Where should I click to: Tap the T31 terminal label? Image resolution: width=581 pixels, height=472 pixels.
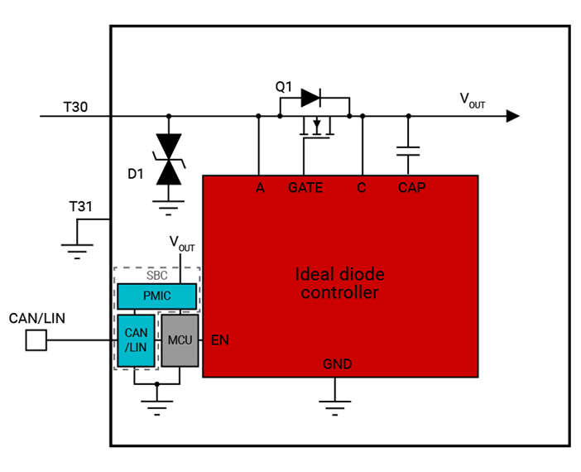pos(81,206)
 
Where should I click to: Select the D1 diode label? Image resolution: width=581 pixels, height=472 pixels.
pos(137,174)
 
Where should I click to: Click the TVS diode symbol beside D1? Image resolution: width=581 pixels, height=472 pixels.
pos(170,159)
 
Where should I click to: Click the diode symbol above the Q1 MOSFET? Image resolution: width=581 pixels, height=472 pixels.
pos(311,98)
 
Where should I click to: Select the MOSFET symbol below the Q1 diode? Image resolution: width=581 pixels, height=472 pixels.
pos(315,127)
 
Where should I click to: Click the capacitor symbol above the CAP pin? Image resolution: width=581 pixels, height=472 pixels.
pos(407,151)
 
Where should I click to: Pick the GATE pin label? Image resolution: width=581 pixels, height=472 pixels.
pos(305,188)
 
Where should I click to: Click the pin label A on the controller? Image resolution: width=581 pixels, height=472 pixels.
pos(260,188)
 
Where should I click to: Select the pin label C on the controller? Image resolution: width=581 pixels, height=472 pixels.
pos(362,188)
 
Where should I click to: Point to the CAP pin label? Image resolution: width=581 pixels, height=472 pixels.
pos(411,188)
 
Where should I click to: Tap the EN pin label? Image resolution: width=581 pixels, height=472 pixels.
pos(220,340)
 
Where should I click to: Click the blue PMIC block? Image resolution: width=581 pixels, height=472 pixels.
pos(157,296)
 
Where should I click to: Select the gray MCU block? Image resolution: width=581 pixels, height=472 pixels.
pos(180,340)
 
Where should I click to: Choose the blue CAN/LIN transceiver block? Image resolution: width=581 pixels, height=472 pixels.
pos(136,340)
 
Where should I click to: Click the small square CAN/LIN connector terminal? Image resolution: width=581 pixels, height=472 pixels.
pos(36,340)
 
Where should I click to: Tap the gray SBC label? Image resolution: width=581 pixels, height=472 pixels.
pos(157,275)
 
